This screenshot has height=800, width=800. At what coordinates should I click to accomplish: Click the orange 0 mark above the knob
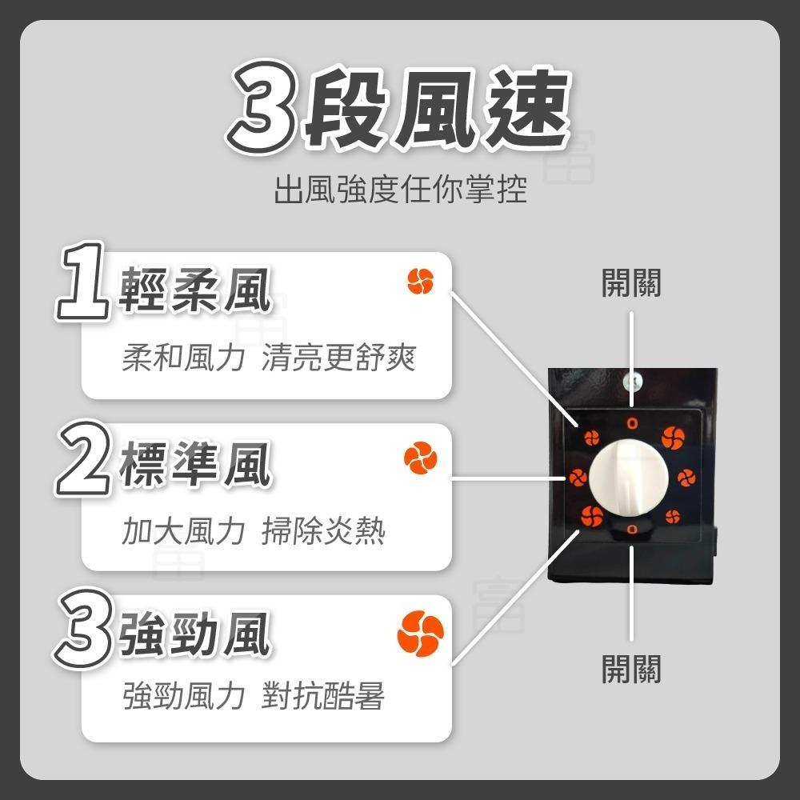(632, 422)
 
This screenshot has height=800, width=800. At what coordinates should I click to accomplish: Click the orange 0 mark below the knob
(631, 529)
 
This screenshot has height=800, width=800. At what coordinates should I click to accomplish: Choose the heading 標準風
(196, 466)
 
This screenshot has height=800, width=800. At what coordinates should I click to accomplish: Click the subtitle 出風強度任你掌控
(400, 191)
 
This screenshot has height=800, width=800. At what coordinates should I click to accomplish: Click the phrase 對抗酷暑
(323, 697)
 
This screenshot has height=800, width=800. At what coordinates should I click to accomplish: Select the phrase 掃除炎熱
(323, 530)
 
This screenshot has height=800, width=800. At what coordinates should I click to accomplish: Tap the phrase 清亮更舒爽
(338, 358)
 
